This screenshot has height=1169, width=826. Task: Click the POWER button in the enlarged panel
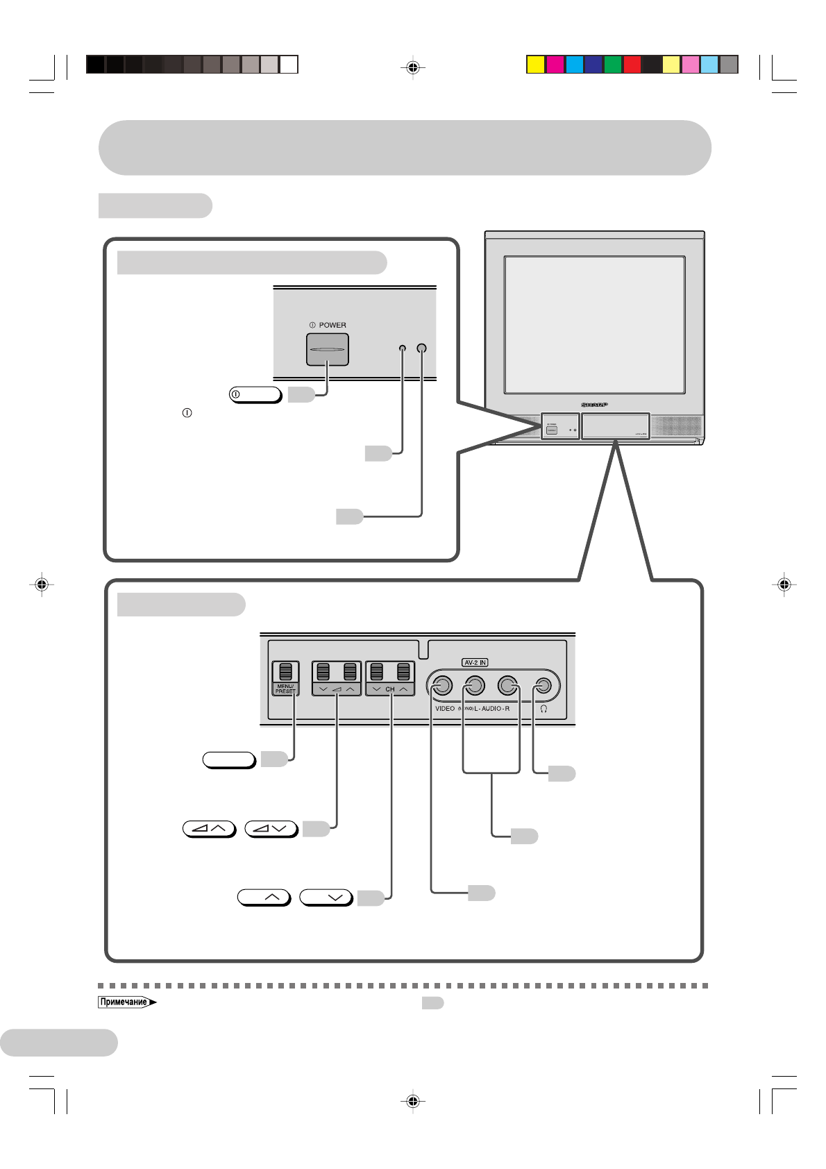327,349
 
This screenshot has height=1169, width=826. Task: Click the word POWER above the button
332,325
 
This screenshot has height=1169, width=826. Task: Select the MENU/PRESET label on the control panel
285,689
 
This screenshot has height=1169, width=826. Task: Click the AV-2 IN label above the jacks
475,663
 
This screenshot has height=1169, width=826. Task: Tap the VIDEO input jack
442,686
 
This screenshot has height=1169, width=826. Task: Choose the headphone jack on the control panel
544,686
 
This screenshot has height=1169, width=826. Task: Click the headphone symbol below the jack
543,709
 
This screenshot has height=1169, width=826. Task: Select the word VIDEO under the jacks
445,709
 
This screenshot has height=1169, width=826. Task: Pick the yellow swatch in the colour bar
535,65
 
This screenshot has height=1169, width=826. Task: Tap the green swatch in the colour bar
612,65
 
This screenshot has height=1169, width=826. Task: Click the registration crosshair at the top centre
413,67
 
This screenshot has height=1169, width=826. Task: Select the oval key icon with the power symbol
255,394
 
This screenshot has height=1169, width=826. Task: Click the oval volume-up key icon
209,828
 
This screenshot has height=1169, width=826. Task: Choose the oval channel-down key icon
326,897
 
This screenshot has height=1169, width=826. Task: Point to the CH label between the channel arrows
390,689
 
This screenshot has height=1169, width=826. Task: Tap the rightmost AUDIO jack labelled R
507,686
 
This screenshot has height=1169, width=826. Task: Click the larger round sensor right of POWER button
421,348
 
